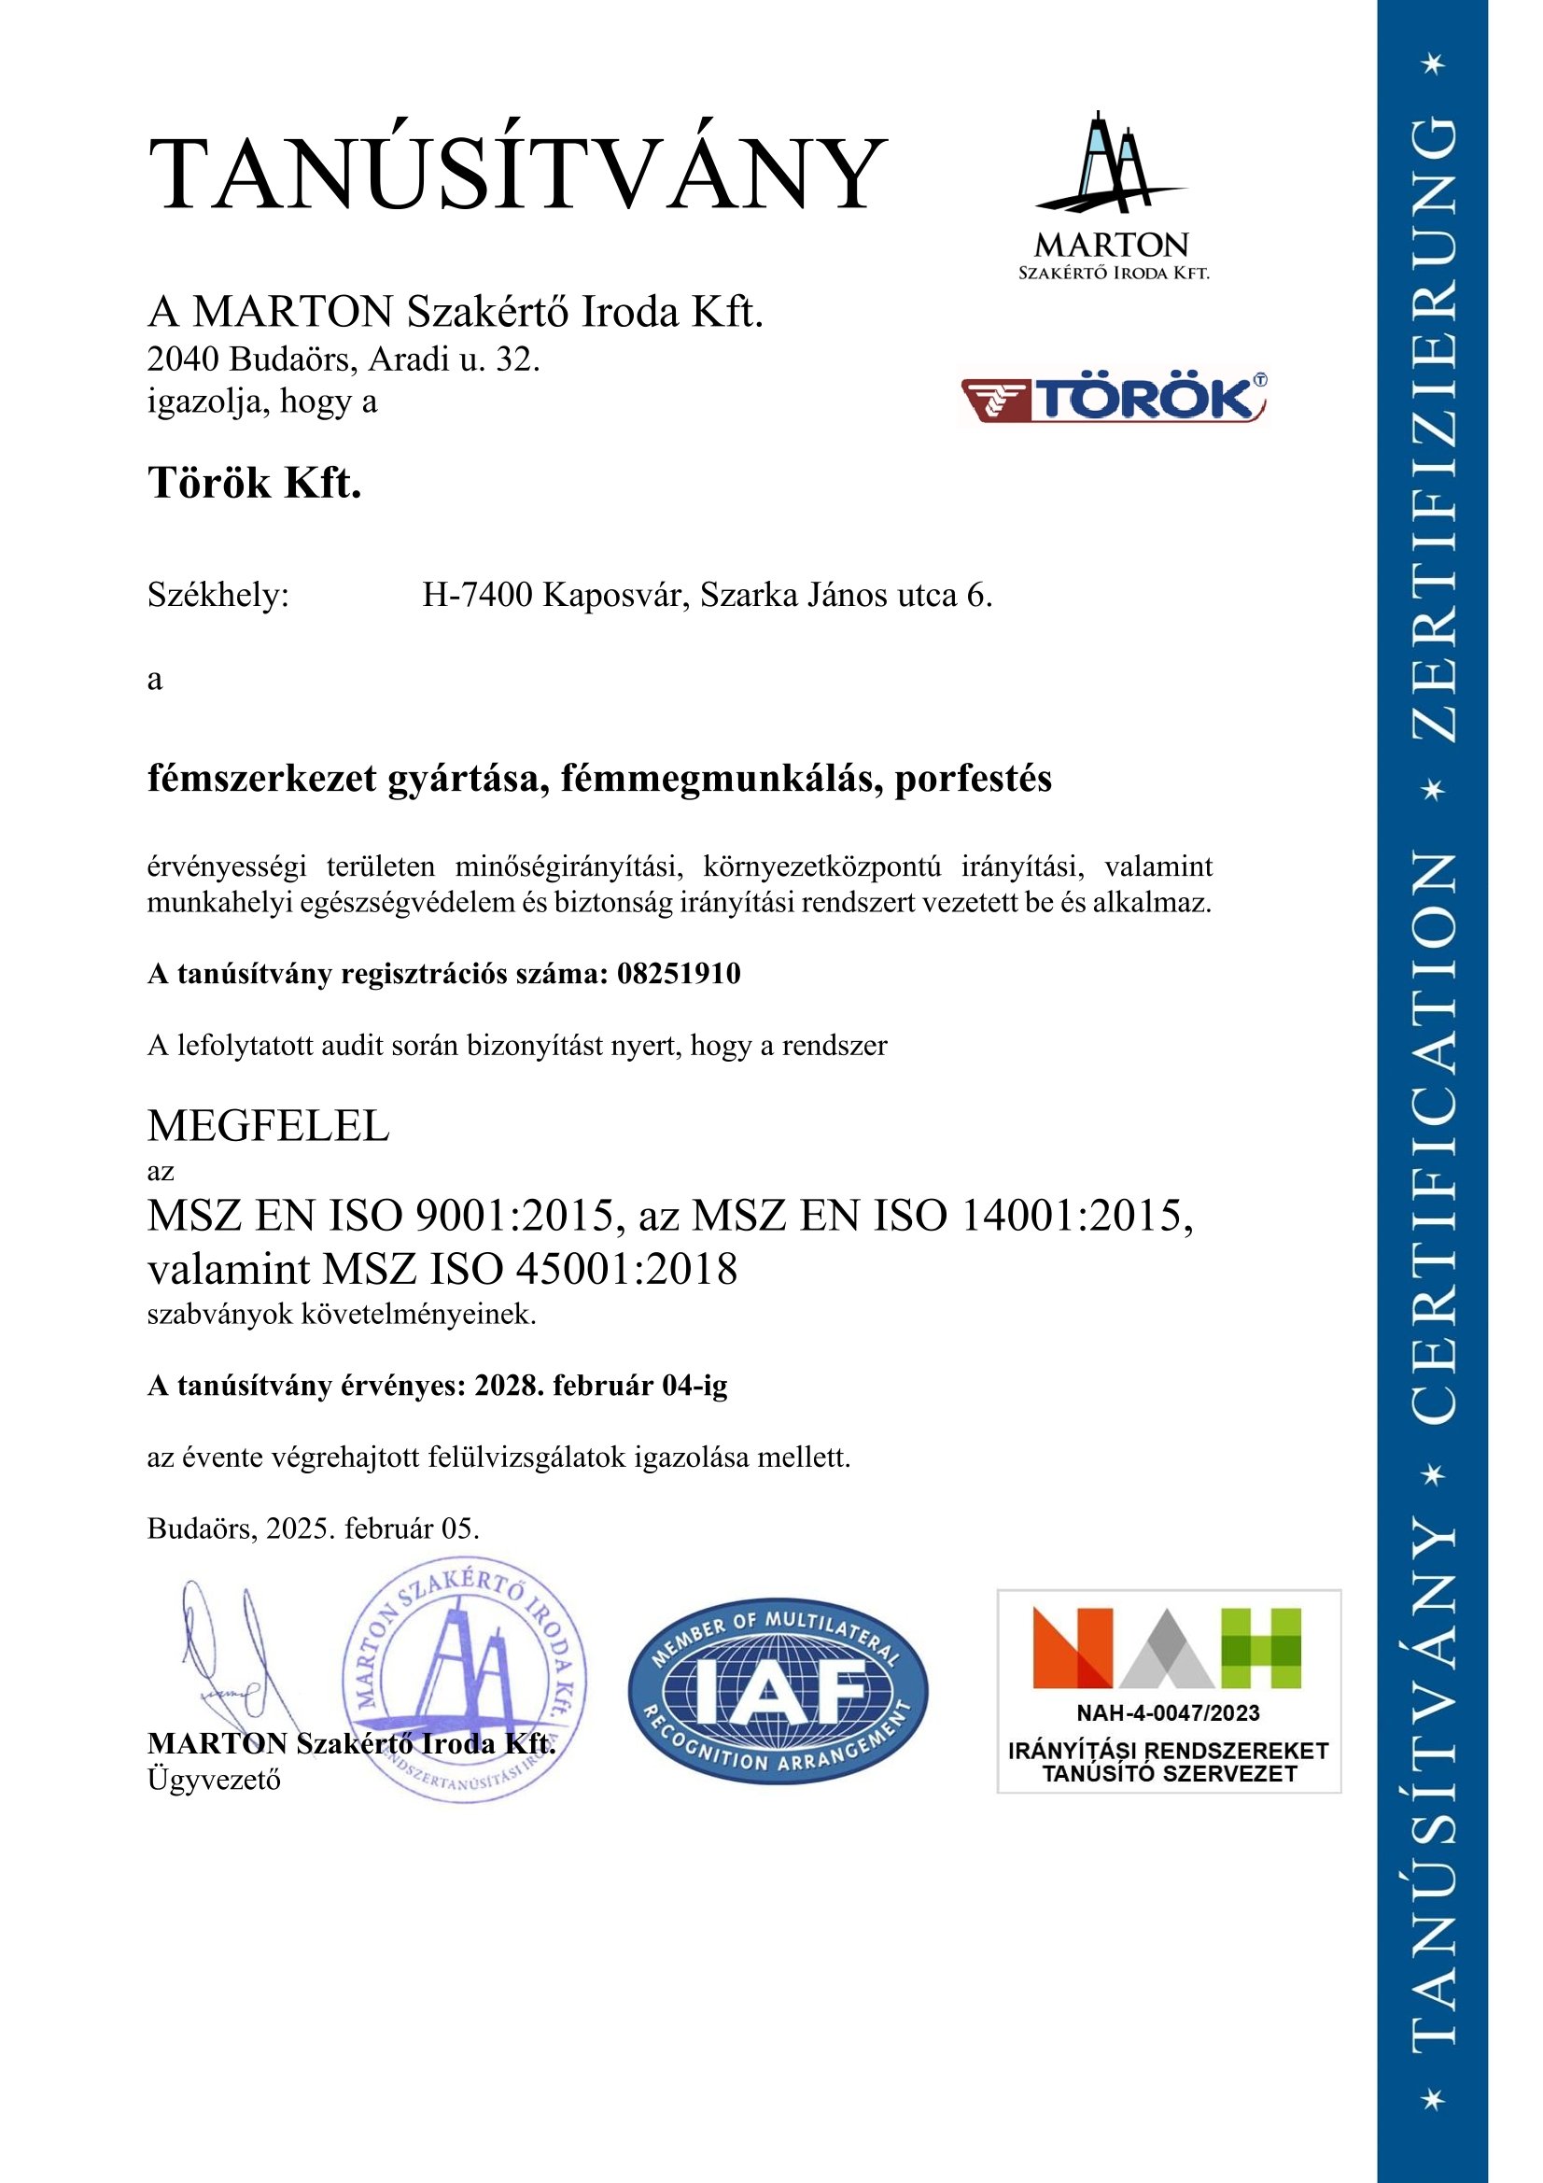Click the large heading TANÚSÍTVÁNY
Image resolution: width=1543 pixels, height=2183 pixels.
pyautogui.click(x=517, y=175)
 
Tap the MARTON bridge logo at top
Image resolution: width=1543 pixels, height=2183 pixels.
pyautogui.click(x=1113, y=195)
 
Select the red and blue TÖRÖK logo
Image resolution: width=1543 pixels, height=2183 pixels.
pyautogui.click(x=1114, y=398)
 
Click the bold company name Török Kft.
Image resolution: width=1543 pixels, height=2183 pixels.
pyautogui.click(x=255, y=484)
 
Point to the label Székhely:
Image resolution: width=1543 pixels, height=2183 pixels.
pyautogui.click(x=217, y=596)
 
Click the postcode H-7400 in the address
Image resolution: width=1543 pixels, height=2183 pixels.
pyautogui.click(x=478, y=596)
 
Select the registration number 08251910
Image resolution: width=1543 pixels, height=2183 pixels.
pyautogui.click(x=679, y=974)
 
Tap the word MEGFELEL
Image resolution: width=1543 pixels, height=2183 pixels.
pyautogui.click(x=268, y=1127)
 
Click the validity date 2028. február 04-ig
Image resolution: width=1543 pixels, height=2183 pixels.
pyautogui.click(x=601, y=1387)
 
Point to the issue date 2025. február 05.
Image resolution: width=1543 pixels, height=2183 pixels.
pyautogui.click(x=372, y=1528)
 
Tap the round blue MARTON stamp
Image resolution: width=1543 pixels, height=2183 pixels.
pyautogui.click(x=464, y=1681)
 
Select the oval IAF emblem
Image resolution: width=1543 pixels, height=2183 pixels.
pyautogui.click(x=778, y=1691)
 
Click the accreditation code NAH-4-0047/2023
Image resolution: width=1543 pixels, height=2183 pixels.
pyautogui.click(x=1169, y=1713)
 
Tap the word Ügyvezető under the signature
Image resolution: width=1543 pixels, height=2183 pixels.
pyautogui.click(x=214, y=1780)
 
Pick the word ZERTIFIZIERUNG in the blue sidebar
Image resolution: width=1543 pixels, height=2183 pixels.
pyautogui.click(x=1432, y=428)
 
